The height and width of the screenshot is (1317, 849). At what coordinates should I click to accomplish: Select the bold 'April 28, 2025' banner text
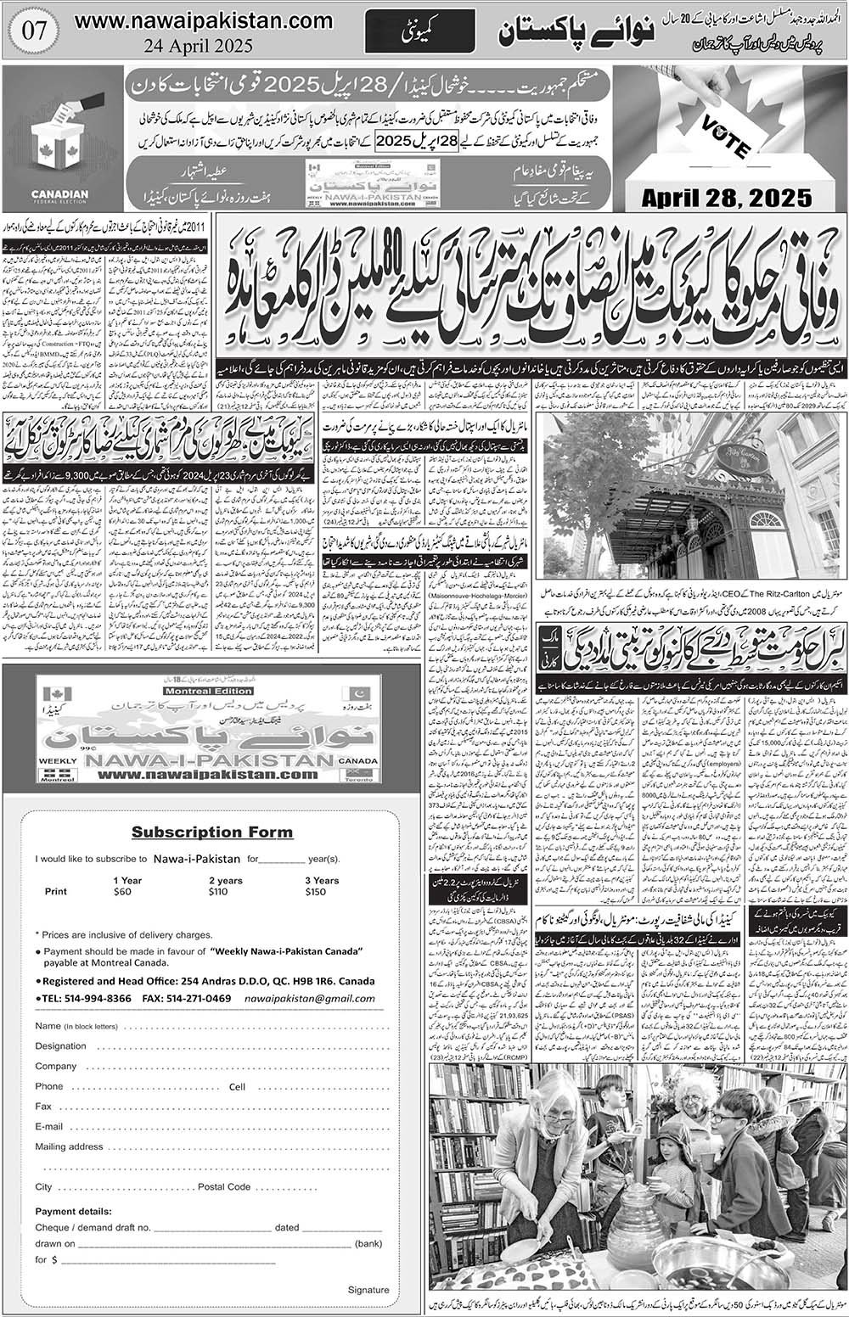[727, 198]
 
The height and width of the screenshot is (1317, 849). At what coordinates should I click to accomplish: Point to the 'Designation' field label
[61, 1046]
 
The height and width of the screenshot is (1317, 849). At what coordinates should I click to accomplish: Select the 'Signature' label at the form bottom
[368, 1290]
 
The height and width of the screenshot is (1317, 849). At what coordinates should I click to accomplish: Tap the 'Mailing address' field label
[69, 1146]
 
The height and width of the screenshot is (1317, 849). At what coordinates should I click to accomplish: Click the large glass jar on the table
[633, 1222]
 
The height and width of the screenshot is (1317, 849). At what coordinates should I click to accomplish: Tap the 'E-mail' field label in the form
[49, 1126]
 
